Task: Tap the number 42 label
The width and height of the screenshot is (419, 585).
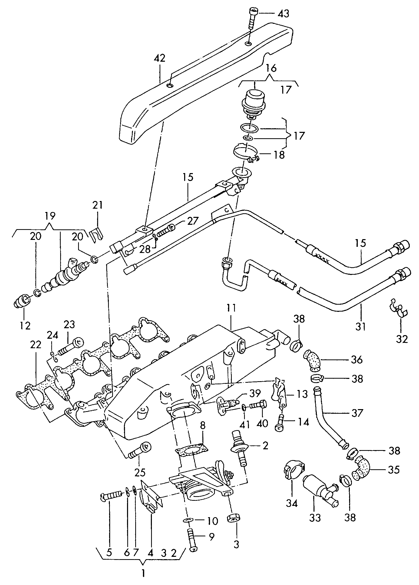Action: pyautogui.click(x=159, y=58)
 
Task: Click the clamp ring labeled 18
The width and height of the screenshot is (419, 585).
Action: pyautogui.click(x=245, y=153)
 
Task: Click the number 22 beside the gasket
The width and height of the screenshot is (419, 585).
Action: pyautogui.click(x=35, y=345)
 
